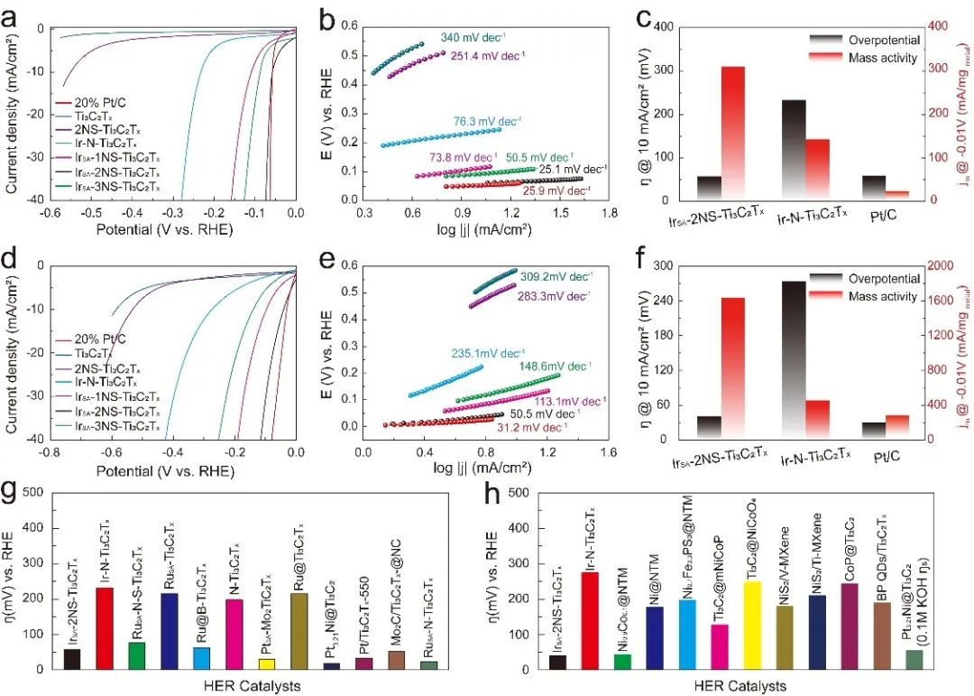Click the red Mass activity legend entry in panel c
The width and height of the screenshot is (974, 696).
[x=883, y=57]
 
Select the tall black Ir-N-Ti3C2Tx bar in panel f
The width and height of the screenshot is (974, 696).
[x=794, y=360]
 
